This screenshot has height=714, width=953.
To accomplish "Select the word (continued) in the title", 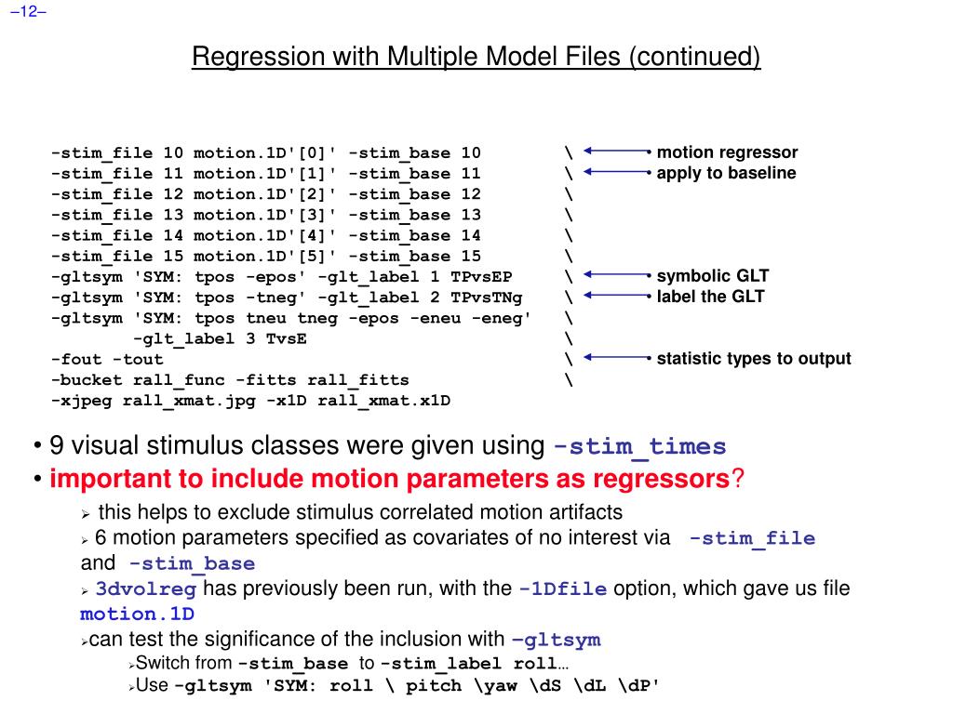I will pos(694,58).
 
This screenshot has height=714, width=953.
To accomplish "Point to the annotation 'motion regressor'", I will pos(727,153).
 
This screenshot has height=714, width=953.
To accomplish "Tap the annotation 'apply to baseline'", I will pos(726,174).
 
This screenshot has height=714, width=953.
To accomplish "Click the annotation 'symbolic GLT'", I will pos(713,276).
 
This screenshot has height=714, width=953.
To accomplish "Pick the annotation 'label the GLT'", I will pos(710,297).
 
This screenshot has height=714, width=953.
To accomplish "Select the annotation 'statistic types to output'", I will pos(754,359).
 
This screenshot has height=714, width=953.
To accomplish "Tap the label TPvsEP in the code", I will pos(481,277).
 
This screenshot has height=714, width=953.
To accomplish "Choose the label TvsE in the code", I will pos(286,338).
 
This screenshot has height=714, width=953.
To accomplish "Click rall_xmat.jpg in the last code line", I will pos(178,401).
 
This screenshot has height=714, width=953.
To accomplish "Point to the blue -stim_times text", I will pos(639,447).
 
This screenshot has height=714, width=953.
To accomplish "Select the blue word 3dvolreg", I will pos(145,589).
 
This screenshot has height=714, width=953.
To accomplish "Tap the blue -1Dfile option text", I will pos(563,589).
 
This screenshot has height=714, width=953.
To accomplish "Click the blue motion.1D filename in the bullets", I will pos(137,615).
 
